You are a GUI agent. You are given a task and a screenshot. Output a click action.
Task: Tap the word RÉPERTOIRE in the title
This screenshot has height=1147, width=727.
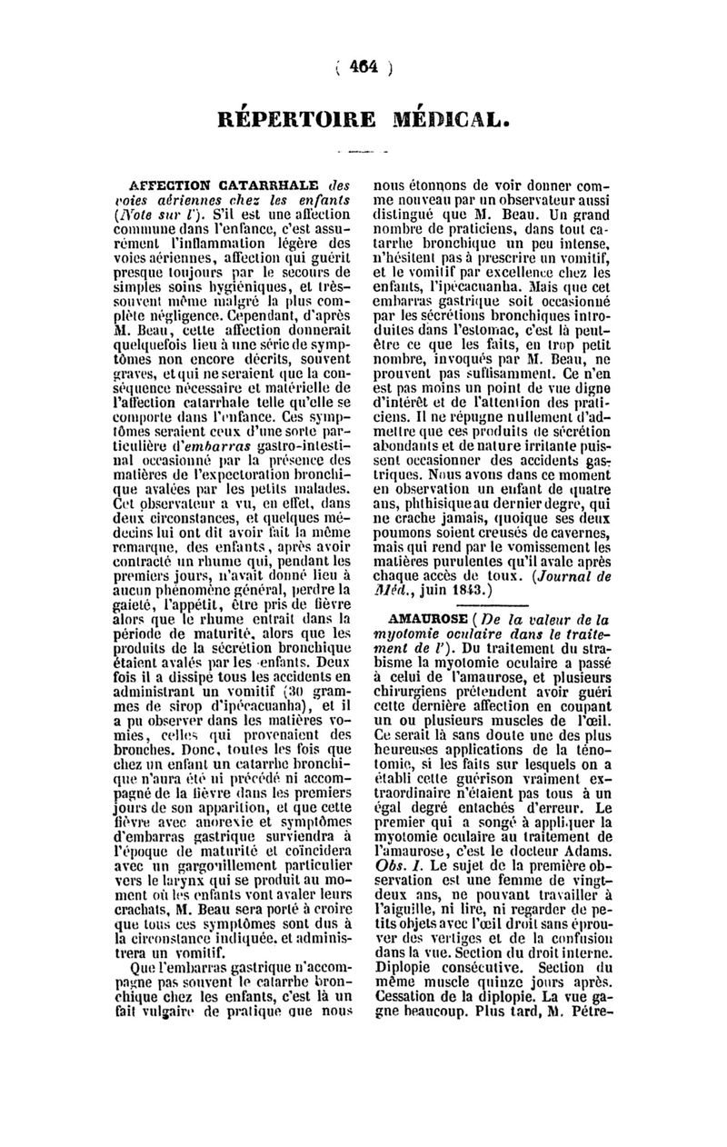tap(289, 120)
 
